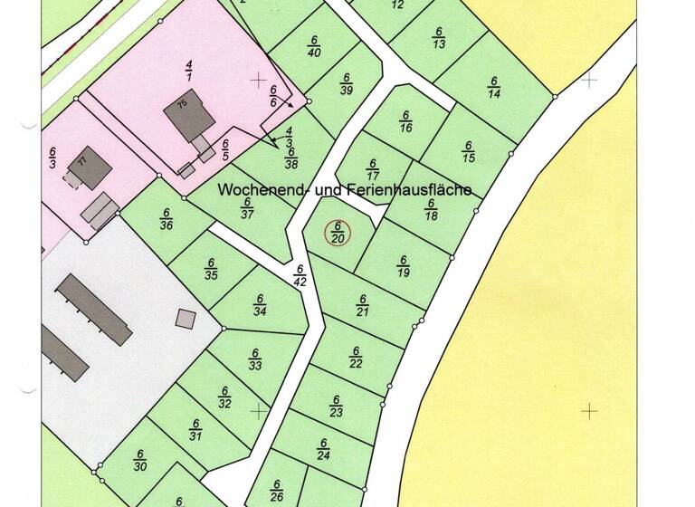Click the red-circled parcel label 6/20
tap(337, 233)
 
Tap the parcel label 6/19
tap(404, 266)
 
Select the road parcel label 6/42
tap(300, 274)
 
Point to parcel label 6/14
tap(494, 87)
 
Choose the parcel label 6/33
tap(255, 359)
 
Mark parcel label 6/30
tap(140, 461)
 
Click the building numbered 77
tap(90, 167)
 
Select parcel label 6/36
tap(166, 219)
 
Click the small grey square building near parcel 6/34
tap(186, 318)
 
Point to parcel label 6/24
tap(324, 449)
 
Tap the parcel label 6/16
tap(405, 121)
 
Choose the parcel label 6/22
tap(356, 357)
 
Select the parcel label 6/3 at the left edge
tap(52, 158)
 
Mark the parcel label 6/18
tap(432, 210)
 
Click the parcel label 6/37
tap(246, 207)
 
